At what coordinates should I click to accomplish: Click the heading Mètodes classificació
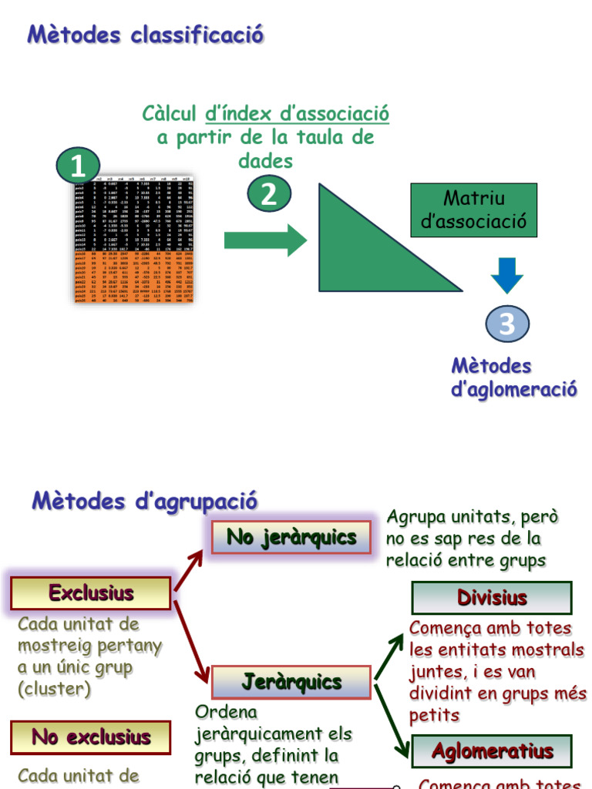pyautogui.click(x=146, y=35)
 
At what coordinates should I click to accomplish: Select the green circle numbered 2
pyautogui.click(x=268, y=193)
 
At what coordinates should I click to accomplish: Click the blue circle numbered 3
pyautogui.click(x=506, y=324)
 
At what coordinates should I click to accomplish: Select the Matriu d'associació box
pyautogui.click(x=473, y=210)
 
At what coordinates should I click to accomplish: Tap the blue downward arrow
pyautogui.click(x=506, y=274)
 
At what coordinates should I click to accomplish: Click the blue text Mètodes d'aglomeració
pyautogui.click(x=513, y=378)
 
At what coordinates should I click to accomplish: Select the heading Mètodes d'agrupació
pyautogui.click(x=144, y=501)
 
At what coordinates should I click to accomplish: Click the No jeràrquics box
pyautogui.click(x=291, y=537)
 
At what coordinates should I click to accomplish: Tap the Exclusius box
pyautogui.click(x=91, y=593)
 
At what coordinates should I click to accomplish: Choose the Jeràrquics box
pyautogui.click(x=291, y=682)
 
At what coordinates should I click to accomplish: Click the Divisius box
pyautogui.click(x=492, y=598)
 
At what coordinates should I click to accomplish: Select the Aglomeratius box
pyautogui.click(x=492, y=751)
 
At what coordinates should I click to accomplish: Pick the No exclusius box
pyautogui.click(x=91, y=737)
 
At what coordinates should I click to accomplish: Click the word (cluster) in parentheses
pyautogui.click(x=54, y=689)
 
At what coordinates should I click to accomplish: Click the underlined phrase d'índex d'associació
pyautogui.click(x=297, y=114)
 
